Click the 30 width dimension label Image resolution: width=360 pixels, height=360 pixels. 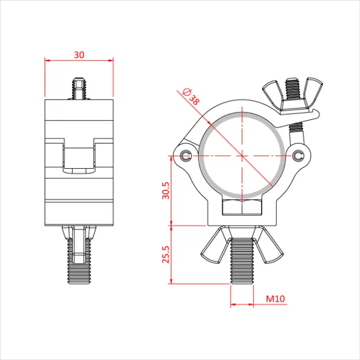point(79,54)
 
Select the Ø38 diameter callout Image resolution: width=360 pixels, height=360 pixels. point(192,97)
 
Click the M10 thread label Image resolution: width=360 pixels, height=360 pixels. point(276,299)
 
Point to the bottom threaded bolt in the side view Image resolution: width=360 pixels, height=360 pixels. point(79,259)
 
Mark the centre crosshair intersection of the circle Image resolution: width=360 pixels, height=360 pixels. point(241,154)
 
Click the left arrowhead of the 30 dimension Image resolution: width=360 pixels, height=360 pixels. point(48,60)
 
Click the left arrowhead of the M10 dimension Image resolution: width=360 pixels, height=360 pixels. point(233,305)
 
